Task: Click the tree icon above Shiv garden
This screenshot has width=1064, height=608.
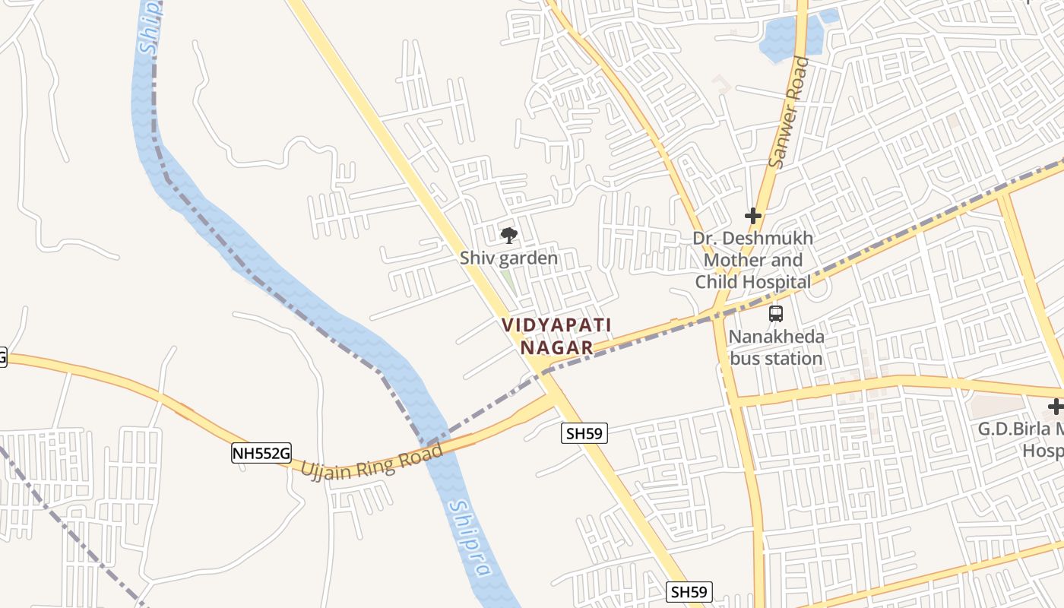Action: [508, 235]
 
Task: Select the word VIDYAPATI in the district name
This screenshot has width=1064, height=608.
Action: [556, 325]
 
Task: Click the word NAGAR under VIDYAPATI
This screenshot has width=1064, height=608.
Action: [557, 348]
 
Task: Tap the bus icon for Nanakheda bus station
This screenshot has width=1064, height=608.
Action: [775, 313]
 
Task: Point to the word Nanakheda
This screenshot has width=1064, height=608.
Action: [776, 336]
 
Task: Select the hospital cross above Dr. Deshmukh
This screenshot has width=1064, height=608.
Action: [753, 216]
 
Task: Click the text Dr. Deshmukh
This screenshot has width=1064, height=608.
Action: [752, 238]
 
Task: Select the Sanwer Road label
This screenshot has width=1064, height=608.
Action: [789, 112]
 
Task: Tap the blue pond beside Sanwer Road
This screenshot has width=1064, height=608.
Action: [789, 38]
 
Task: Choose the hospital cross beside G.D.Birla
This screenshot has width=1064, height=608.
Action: [1055, 407]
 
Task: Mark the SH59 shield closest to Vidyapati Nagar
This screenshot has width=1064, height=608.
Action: [584, 434]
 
